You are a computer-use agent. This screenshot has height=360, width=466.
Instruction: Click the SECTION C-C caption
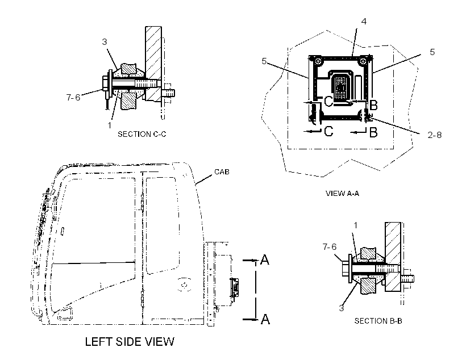(142, 134)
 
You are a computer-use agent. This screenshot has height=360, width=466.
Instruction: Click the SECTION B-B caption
(378, 321)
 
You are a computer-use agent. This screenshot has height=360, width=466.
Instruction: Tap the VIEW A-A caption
(342, 194)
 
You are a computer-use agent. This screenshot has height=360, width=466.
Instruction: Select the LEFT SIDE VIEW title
(130, 342)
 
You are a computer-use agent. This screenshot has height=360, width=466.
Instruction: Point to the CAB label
(222, 171)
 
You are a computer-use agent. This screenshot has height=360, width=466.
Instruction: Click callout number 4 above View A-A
(364, 22)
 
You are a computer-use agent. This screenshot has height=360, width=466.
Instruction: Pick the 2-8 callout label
(435, 135)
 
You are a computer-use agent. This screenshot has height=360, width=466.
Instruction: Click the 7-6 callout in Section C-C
(73, 97)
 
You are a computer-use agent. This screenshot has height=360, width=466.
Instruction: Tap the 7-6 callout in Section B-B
(330, 246)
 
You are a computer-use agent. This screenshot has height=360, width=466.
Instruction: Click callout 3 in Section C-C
(105, 42)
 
